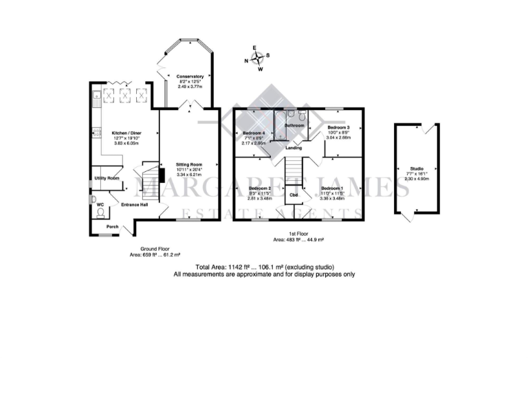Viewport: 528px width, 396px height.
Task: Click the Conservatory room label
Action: [x=190, y=76]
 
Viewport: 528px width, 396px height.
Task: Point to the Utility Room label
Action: [x=107, y=178]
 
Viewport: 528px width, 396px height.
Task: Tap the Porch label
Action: [x=112, y=226]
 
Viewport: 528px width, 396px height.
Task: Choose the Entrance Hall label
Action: [x=135, y=205]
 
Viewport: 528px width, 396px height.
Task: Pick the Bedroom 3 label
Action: [x=338, y=128]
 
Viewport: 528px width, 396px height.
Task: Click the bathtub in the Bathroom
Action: [x=280, y=127]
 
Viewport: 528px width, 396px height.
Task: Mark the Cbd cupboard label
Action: [x=294, y=195]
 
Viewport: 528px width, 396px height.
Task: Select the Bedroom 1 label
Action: [x=332, y=188]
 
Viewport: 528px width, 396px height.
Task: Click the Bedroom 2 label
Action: [x=260, y=188]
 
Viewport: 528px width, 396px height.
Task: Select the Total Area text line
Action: [x=264, y=267]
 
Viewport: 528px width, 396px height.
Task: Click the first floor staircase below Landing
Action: [x=294, y=168]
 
